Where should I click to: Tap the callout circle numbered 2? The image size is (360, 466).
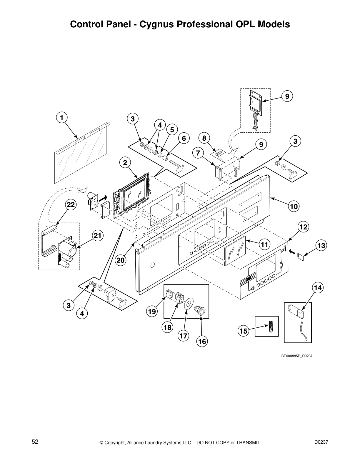pos(125,162)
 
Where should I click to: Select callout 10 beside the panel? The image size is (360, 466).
pos(294,206)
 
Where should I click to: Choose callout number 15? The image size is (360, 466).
pos(244,331)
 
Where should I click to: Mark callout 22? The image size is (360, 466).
pos(71,205)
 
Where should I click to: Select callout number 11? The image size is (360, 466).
pos(264,244)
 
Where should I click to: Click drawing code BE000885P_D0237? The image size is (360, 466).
pos(297,356)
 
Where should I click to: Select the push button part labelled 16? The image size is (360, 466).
pos(200,311)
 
